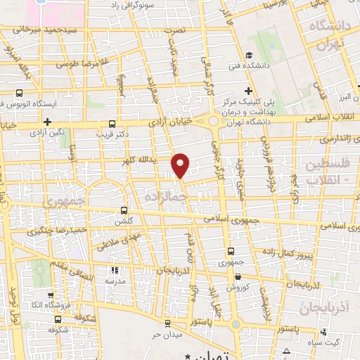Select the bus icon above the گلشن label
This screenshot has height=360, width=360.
(x=124, y=210)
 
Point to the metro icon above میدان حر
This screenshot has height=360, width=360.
(x=167, y=323)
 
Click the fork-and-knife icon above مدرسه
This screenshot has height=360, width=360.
(x=115, y=270)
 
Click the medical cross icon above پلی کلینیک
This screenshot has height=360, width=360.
(x=248, y=90)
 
